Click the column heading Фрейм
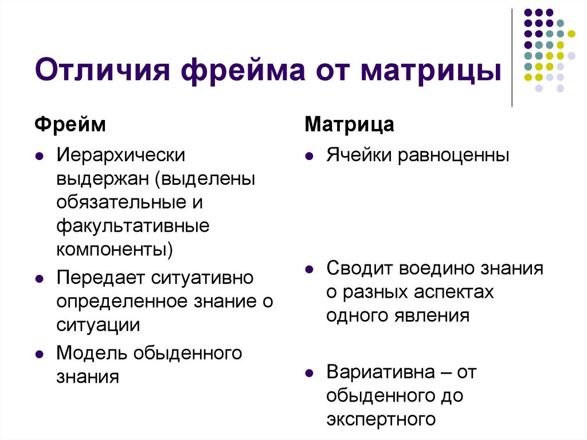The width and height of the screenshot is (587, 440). pos(71,124)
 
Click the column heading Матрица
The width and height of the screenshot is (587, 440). pos(349,124)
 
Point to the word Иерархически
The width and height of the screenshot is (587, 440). pos(120,155)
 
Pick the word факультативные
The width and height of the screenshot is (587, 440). pos(132,225)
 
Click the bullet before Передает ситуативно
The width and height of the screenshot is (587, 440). pos(38,279)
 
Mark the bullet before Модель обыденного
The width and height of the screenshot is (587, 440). pos(38,354)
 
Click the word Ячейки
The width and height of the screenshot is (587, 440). pos(359,155)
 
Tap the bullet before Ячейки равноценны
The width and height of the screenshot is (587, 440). pos(309,156)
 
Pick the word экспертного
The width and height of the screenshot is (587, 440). pos(379,419)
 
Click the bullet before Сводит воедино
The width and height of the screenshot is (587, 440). pos(309,269)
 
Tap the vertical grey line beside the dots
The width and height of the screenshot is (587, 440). pos(512,57)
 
